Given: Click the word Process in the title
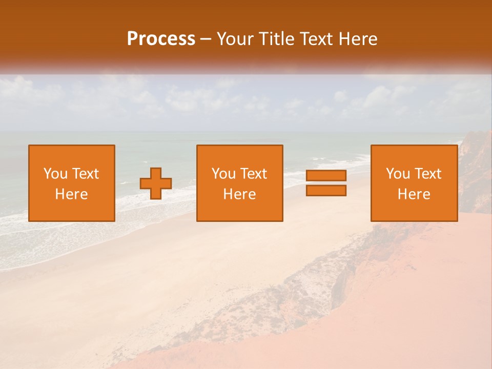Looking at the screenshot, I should (161, 39).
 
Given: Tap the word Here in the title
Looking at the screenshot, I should (359, 39).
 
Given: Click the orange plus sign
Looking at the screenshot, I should (156, 183).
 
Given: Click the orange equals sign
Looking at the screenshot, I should (326, 183).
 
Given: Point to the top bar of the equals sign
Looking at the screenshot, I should (326, 176).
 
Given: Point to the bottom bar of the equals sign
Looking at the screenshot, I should (326, 190).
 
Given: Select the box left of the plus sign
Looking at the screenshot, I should (72, 183).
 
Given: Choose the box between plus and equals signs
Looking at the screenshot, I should (240, 183).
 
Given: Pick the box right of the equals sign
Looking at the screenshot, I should (414, 183).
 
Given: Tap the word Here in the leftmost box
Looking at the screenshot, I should (72, 194).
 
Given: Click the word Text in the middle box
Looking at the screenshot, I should (254, 174).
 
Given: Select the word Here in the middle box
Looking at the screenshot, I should (240, 194).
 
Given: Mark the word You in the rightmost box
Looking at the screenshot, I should (398, 174).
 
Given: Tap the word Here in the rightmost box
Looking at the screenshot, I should (414, 194).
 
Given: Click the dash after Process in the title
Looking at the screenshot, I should (206, 39).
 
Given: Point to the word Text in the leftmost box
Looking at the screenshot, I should (86, 174).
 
